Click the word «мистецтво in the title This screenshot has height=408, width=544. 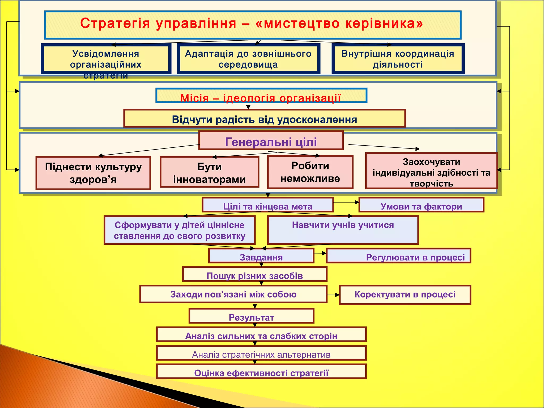coord(297,23)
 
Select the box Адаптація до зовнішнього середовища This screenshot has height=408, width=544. coord(248,59)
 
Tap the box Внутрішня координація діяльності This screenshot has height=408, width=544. coord(398,59)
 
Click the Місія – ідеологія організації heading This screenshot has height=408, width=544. coord(261,96)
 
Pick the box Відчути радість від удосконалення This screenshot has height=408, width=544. coord(264,119)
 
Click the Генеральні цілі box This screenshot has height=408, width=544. coord(271,141)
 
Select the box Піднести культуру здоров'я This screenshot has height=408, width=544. coord(93,173)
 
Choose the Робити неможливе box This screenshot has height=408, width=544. coord(310,172)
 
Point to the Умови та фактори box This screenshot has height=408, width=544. coord(421,205)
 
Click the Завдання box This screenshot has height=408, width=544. coord(261,256)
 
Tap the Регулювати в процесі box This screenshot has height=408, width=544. coord(398,256)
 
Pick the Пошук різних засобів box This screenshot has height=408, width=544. coord(254,275)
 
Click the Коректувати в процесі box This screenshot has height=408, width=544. coord(405,295)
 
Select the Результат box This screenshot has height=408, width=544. coord(251,316)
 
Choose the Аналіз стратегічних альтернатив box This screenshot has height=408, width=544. coord(261,354)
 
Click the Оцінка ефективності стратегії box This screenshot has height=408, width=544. coord(261,372)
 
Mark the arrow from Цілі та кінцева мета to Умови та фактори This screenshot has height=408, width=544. coord(346,202)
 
